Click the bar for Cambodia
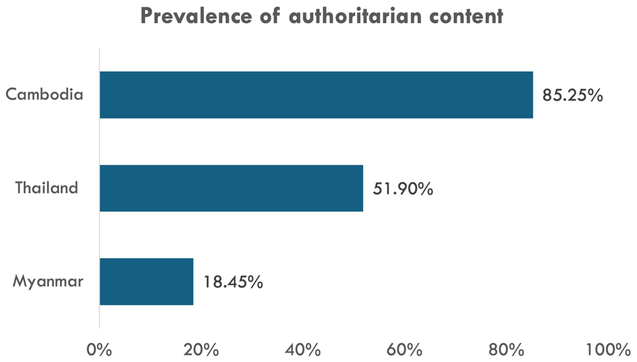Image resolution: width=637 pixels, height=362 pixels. pos(316,95)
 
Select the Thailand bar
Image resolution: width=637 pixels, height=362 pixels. pos(231,188)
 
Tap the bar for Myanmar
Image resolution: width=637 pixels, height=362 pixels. pos(147,282)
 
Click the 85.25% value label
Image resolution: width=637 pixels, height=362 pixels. pos(573,96)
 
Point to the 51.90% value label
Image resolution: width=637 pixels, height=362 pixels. pos(403,189)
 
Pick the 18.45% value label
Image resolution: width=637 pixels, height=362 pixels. pos(233,282)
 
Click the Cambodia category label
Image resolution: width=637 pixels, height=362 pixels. pos(45,94)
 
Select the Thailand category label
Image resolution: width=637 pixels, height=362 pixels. pos(47,188)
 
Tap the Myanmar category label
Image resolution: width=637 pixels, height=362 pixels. pos(48,281)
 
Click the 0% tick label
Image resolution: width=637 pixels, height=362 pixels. pos(99,350)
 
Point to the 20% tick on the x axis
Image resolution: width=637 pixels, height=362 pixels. pos(201,350)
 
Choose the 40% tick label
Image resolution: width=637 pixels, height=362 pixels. pos(303,350)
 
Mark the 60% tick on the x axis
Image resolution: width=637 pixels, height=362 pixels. pos(404,350)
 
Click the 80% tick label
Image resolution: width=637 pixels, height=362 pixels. pos(506,350)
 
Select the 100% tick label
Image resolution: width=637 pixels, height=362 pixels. pos(608,350)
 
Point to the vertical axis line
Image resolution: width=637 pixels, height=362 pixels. pos(99,188)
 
